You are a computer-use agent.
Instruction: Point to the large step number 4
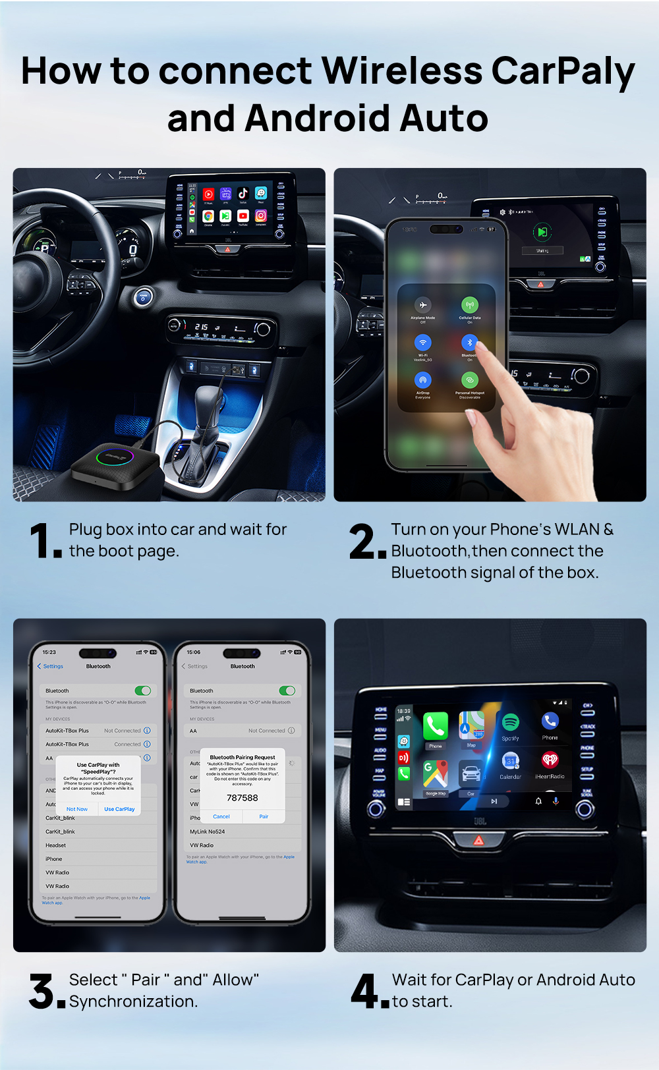[x=364, y=991]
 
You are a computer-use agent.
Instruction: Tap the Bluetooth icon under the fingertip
[x=469, y=343]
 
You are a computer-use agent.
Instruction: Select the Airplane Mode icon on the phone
[x=422, y=305]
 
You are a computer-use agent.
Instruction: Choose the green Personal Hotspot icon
[x=469, y=380]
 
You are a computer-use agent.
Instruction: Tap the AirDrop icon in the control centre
[x=422, y=380]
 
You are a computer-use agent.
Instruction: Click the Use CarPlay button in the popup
[x=119, y=809]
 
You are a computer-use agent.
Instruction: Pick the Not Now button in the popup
[x=77, y=809]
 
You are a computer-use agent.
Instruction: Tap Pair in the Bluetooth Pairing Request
[x=264, y=816]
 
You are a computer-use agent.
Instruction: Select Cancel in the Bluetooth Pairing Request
[x=221, y=816]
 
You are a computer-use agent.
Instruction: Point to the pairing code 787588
[x=243, y=798]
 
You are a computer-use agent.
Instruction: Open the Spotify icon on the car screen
[x=510, y=722]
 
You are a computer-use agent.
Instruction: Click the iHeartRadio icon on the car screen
[x=550, y=761]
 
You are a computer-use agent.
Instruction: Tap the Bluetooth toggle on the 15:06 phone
[x=287, y=690]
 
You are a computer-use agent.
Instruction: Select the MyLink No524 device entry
[x=208, y=831]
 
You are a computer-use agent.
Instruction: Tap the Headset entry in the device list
[x=56, y=845]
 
